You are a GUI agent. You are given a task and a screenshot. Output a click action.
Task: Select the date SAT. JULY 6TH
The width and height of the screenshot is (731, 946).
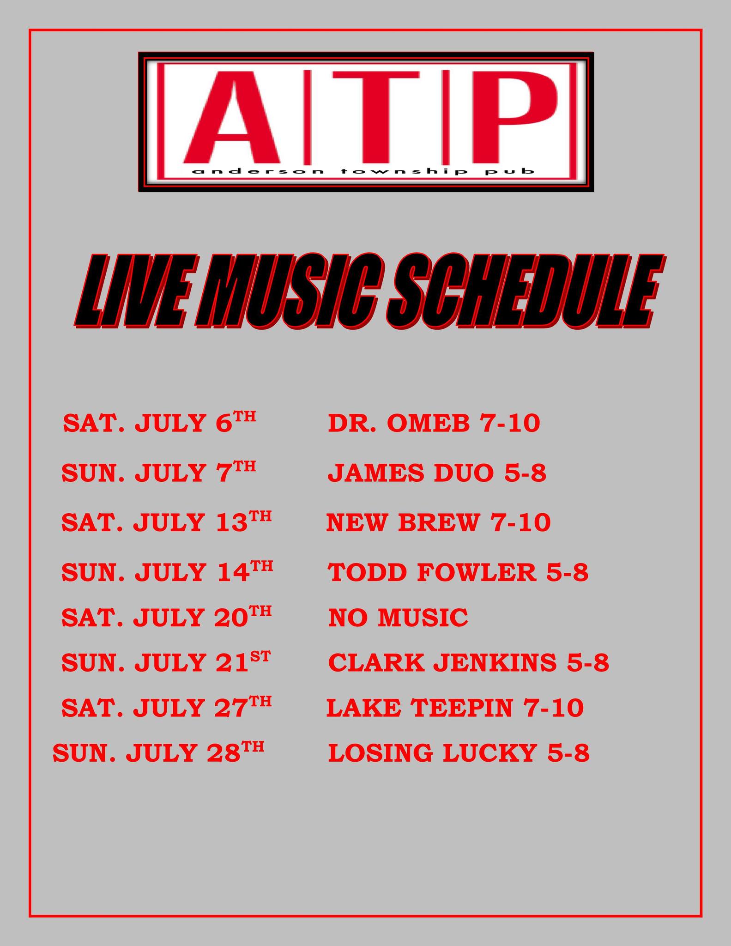click(x=159, y=422)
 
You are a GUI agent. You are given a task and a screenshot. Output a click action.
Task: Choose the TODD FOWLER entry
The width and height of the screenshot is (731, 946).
click(x=432, y=572)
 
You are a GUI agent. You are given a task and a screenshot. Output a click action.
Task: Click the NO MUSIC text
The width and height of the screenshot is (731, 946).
click(x=398, y=618)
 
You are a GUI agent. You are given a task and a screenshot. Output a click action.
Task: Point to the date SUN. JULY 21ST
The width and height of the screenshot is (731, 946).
click(x=166, y=661)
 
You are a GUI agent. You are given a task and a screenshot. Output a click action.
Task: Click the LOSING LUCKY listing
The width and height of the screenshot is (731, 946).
click(x=432, y=753)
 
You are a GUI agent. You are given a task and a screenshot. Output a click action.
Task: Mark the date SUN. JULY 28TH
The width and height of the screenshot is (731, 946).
click(x=158, y=752)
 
